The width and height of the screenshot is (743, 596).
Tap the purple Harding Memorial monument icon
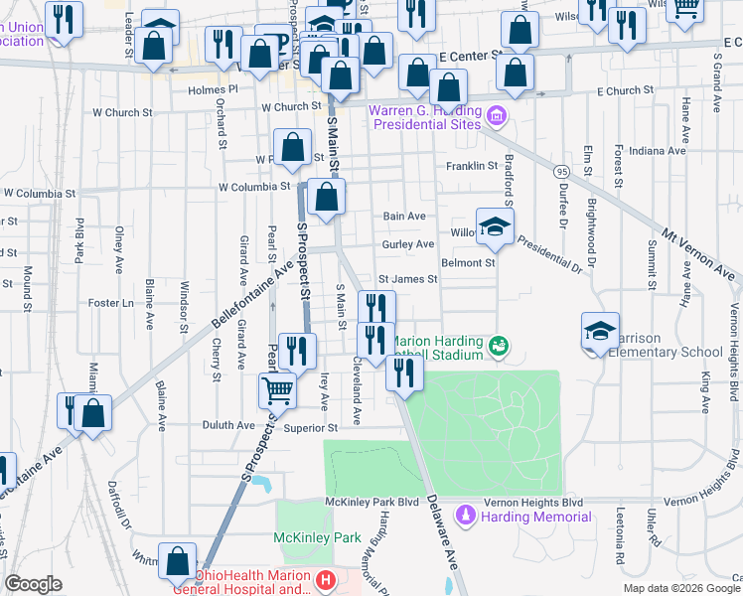464,517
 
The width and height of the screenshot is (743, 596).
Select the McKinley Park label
317,537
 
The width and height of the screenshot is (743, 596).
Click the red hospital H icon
324,579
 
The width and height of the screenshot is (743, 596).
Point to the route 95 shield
561,172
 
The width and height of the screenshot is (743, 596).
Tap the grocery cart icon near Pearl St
277,389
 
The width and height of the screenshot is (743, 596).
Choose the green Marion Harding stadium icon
498,346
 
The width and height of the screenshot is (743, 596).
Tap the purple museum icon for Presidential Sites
497,118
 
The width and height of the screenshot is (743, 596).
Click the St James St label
407,279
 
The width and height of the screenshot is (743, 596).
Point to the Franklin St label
471,166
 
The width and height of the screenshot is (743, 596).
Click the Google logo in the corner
33,584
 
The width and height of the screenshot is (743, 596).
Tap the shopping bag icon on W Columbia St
326,198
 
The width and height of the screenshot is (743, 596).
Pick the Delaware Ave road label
443,532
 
